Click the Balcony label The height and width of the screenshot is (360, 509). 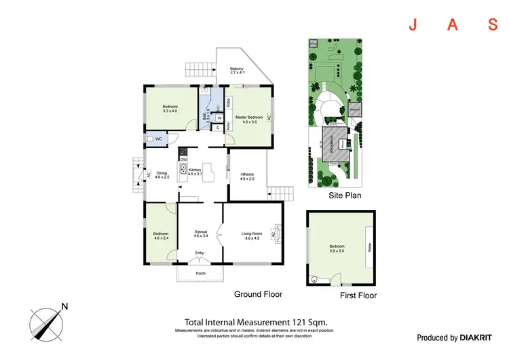coord(237,69)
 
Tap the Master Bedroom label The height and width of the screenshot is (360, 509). coord(249,117)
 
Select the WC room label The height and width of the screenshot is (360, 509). coord(158,139)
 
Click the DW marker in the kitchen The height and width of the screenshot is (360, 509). coord(183,159)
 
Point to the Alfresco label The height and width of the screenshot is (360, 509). coord(247,173)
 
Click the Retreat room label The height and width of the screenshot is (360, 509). coord(200,232)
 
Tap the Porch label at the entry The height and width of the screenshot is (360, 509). coord(200,274)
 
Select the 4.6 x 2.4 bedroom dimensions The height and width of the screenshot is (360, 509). coord(161,238)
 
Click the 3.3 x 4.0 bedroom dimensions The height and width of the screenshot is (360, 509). coord(170,111)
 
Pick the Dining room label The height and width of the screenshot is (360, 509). coord(162,173)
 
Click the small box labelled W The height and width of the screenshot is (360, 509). coord(219,118)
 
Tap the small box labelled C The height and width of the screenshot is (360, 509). coord(217,128)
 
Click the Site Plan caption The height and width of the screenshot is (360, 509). coord(345,195)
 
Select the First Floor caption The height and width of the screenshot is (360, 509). coord(358,295)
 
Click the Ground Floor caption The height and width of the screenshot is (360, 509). coord(258,294)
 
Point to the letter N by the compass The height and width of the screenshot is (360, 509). coord(64,306)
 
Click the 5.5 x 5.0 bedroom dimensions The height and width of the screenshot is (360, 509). coord(337,251)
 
